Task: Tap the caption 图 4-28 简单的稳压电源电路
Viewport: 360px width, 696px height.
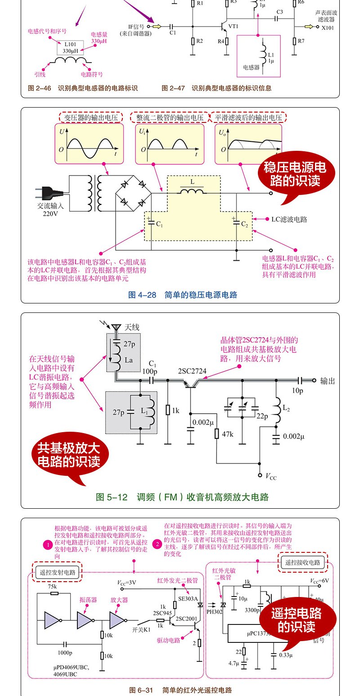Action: tap(183, 295)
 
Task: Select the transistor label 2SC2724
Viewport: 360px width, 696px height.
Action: tap(192, 371)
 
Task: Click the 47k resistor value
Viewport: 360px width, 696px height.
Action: tap(229, 434)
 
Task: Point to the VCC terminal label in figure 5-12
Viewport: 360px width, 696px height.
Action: tap(271, 476)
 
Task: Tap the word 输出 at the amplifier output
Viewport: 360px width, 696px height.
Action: tap(328, 381)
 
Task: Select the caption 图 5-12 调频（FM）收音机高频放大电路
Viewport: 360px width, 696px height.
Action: tap(182, 497)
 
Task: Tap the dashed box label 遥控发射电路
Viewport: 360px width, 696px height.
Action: tap(57, 573)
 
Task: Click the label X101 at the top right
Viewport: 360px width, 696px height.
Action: tap(328, 27)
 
